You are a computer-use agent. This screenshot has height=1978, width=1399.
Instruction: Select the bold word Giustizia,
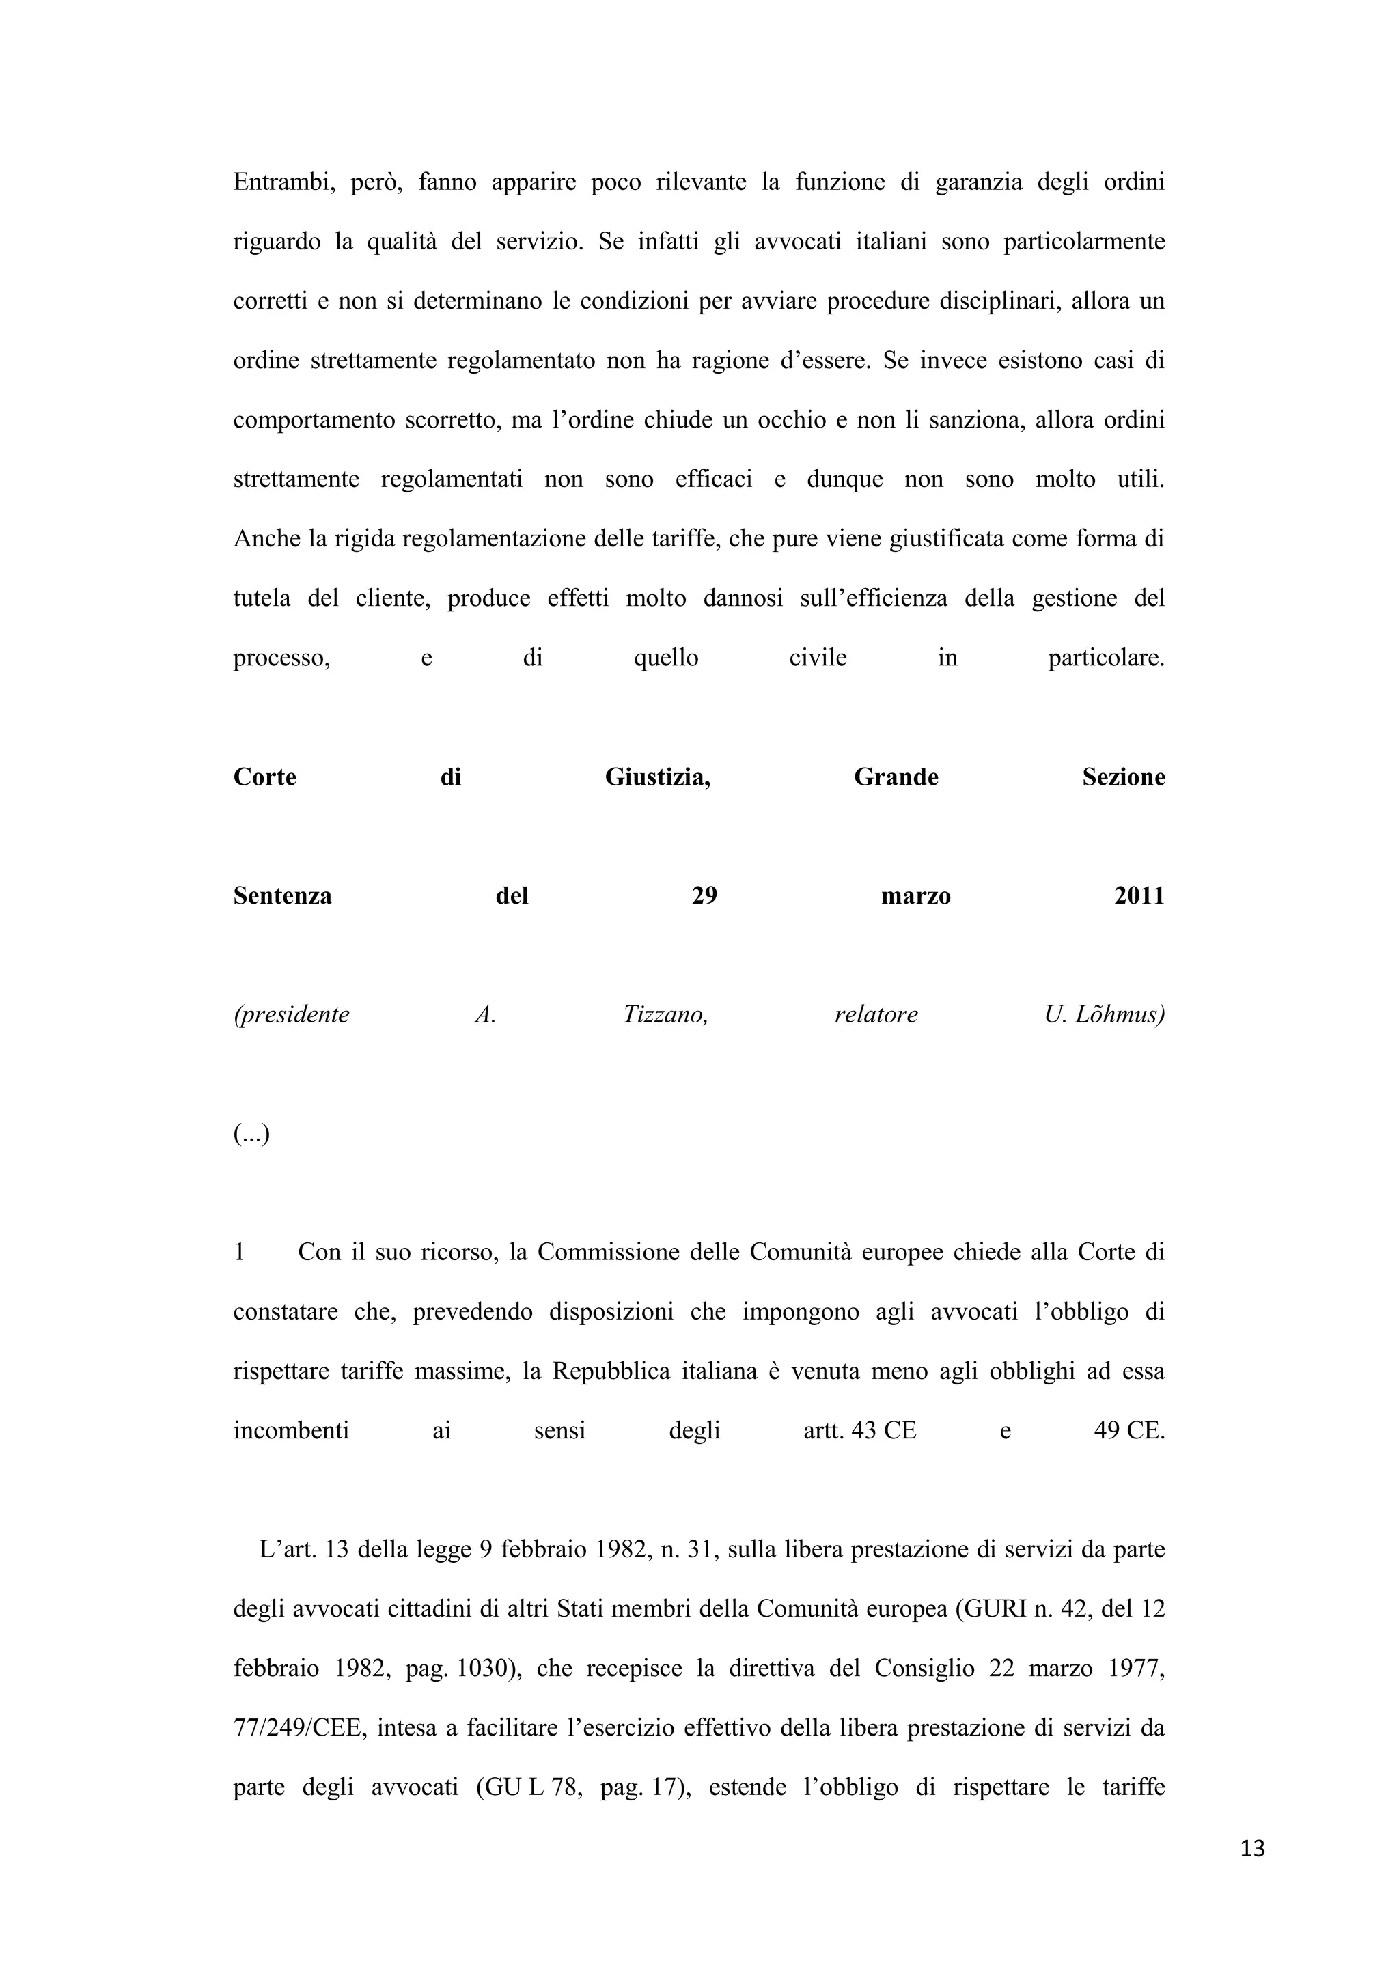pos(657,777)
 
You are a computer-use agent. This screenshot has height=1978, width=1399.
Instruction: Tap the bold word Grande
pos(896,777)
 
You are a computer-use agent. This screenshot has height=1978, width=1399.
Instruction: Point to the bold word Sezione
pos(1123,777)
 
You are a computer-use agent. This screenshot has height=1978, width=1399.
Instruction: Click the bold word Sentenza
pos(283,896)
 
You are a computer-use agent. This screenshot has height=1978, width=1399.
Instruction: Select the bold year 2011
pos(1139,896)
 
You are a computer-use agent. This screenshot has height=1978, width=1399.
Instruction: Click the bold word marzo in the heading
pos(916,896)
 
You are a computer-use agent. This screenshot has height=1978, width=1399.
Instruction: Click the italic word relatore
pos(876,1015)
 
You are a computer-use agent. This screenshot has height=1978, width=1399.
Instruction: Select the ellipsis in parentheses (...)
pos(251,1134)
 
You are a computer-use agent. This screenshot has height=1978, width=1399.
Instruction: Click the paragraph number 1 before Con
pos(240,1253)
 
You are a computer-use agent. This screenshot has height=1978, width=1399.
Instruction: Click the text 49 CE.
pos(1128,1431)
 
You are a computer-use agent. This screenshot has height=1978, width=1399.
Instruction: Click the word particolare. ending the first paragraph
pos(1106,658)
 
